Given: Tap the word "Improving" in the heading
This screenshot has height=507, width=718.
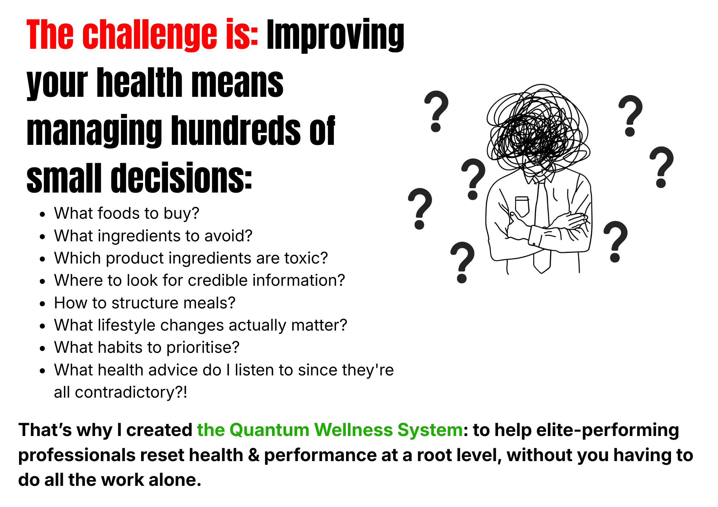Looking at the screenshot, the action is click(335, 35).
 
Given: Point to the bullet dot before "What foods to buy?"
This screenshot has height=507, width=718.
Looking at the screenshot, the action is click(43, 214).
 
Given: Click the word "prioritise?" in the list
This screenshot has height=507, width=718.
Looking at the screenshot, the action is click(203, 347).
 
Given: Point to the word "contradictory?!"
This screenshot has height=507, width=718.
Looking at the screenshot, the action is click(131, 392).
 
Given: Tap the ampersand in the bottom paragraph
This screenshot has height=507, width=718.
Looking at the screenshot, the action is click(253, 455).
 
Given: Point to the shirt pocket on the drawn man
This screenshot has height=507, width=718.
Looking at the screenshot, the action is click(522, 206).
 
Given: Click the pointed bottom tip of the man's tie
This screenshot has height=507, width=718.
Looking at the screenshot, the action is click(542, 273).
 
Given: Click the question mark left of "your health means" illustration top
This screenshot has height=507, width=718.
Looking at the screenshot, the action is click(436, 111).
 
